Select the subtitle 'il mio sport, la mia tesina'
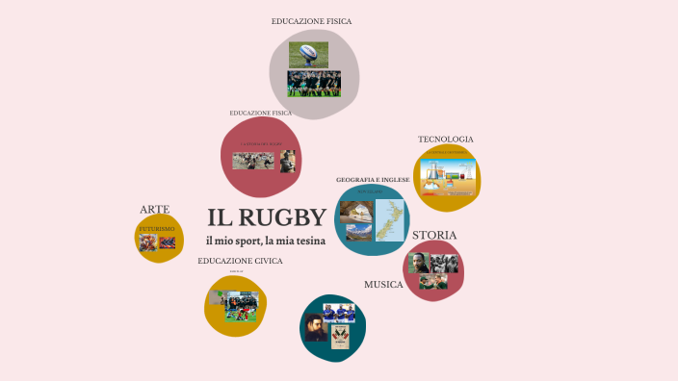coord(266,240)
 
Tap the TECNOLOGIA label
coord(445,140)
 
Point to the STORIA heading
coord(434,236)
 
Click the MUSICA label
coord(383,285)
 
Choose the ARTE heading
coord(154,209)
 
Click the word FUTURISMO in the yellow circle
coord(157,229)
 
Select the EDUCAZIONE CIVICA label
coord(240,261)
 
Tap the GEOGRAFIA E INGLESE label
coord(373,180)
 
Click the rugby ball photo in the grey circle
coord(309,54)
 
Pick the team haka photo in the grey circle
coord(314,84)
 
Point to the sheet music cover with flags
coord(339,337)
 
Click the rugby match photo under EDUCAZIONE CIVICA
coord(236,306)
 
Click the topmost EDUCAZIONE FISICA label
coord(311,20)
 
